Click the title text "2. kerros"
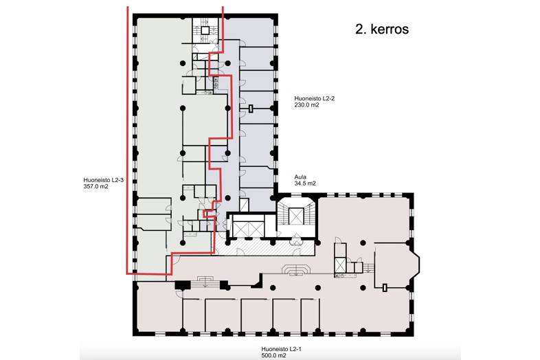click(x=382, y=30)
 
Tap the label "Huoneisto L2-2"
click(x=313, y=98)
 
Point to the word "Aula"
click(x=300, y=176)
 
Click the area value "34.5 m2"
click(x=305, y=184)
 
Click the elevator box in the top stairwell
click(x=204, y=29)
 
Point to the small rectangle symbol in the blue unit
click(x=252, y=108)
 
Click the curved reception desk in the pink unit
click(x=296, y=270)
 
